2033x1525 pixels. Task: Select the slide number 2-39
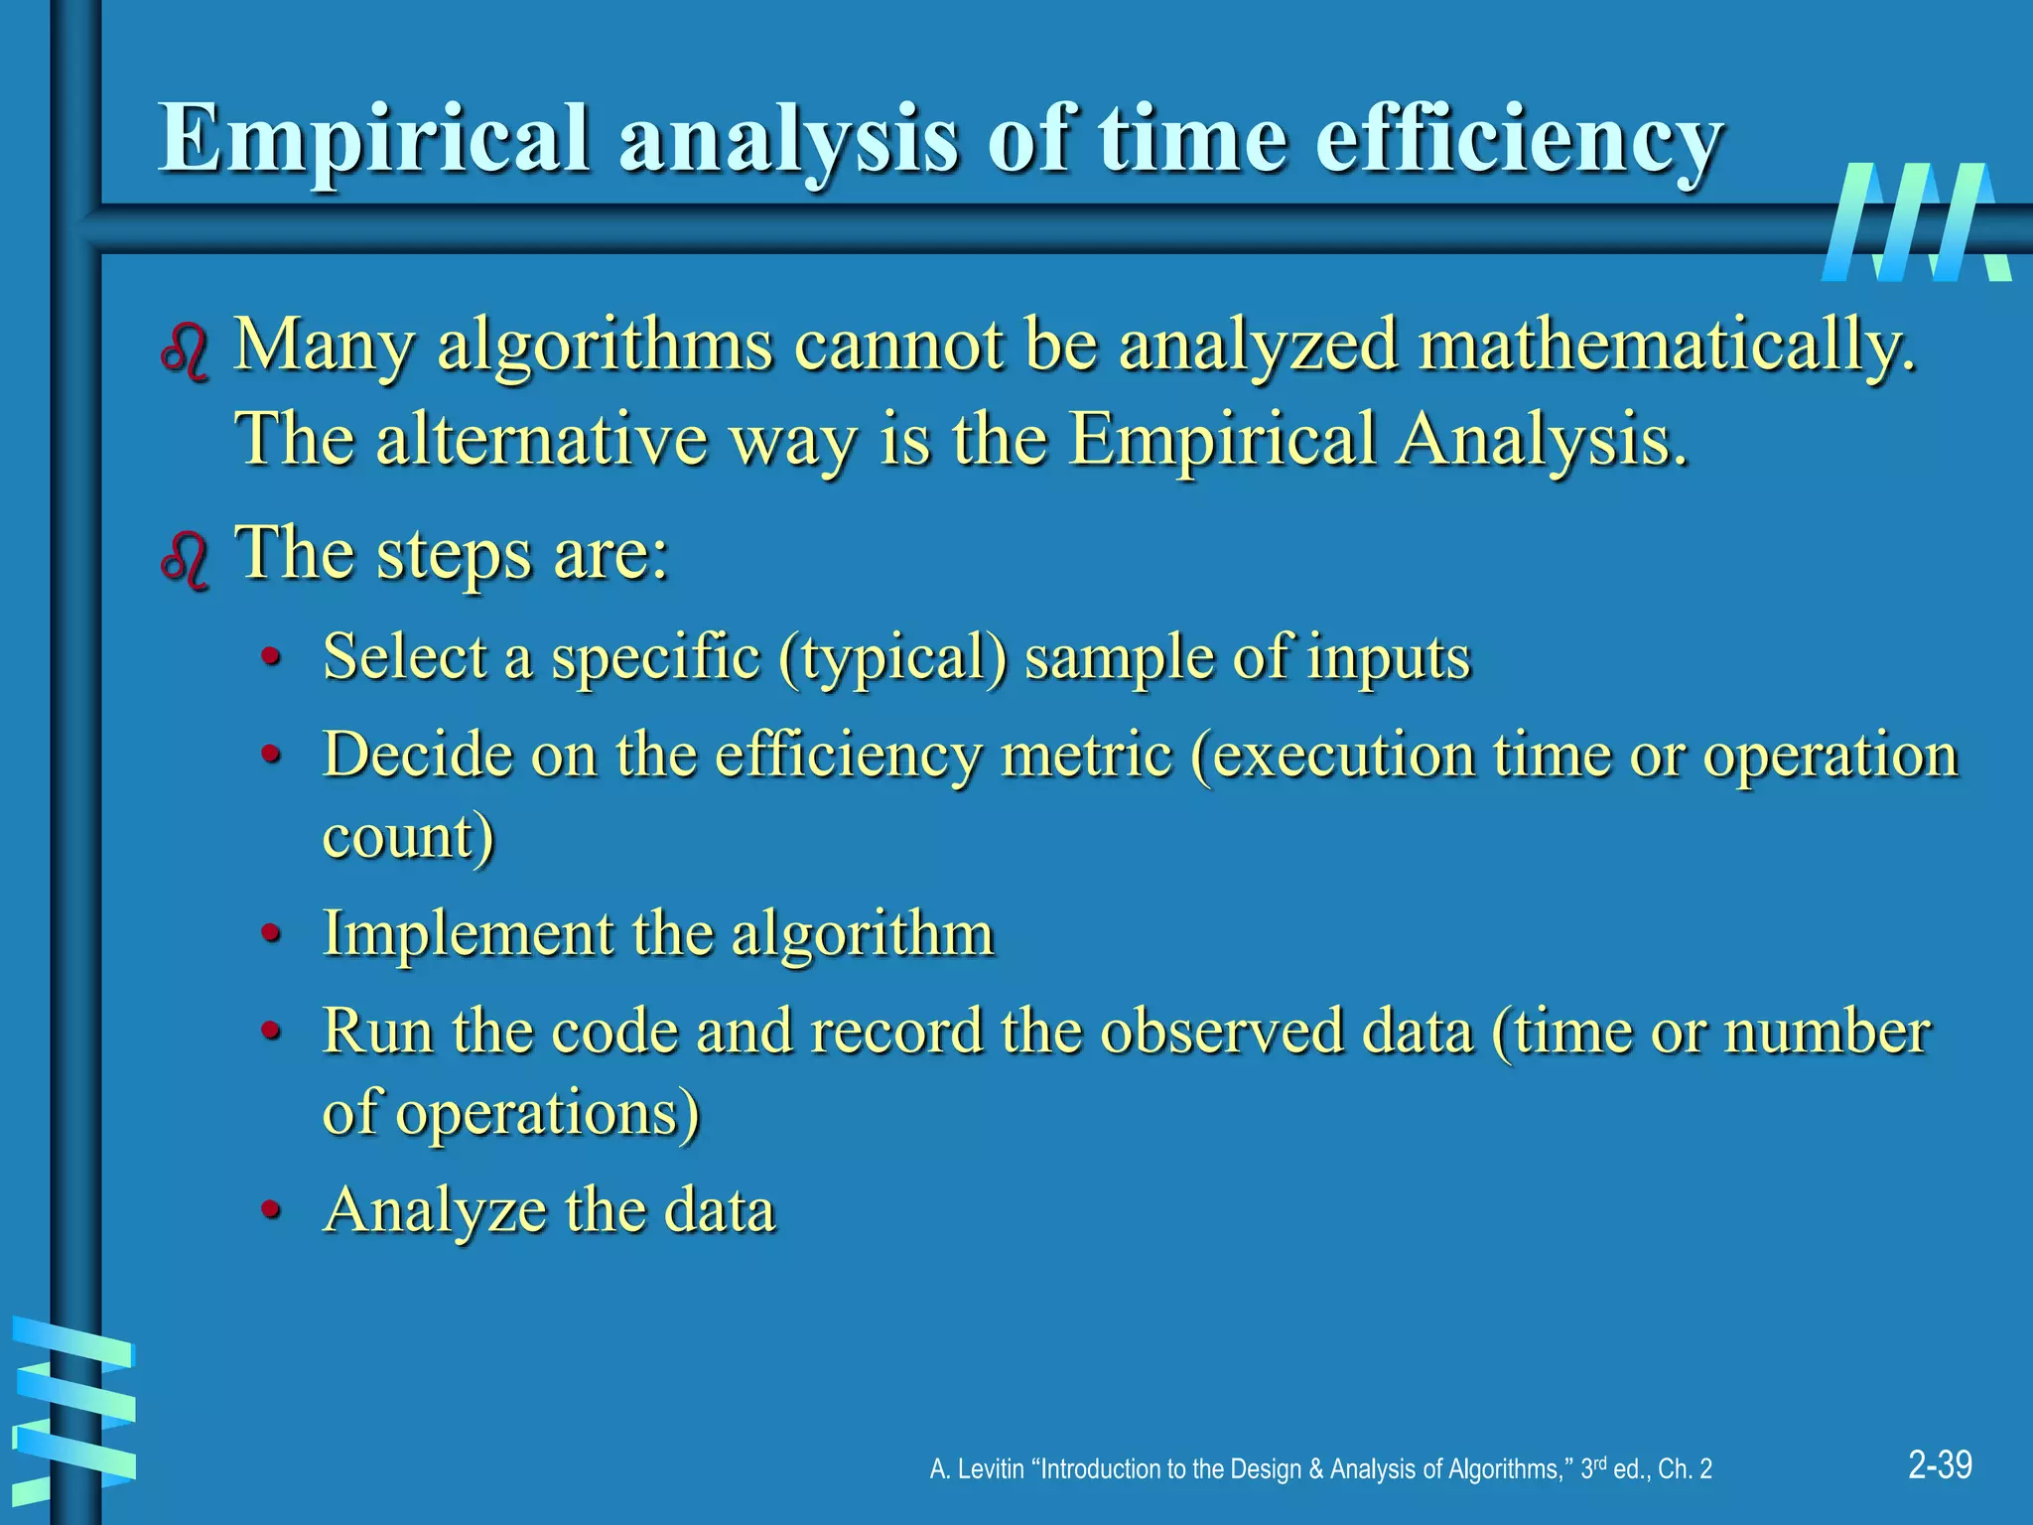(1940, 1464)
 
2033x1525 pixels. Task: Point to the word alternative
(541, 439)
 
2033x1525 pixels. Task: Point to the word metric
(1087, 755)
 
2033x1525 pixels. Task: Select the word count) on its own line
(408, 836)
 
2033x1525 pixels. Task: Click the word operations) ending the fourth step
(547, 1112)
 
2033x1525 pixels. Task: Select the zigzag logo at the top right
(1916, 223)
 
